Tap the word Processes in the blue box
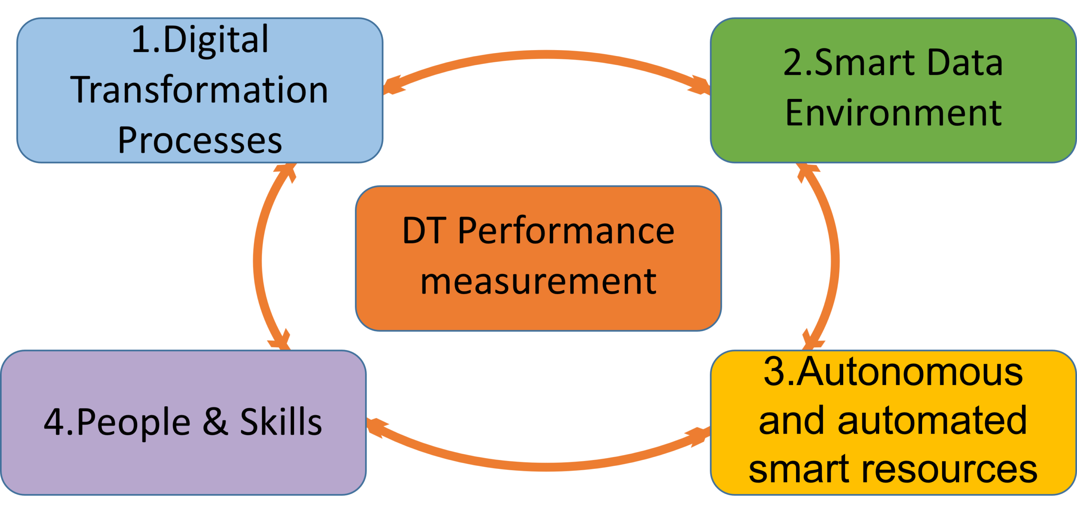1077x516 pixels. coord(200,140)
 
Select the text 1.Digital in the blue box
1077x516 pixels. coord(200,40)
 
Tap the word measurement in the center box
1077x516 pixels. coord(538,281)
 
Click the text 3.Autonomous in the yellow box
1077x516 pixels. coord(893,372)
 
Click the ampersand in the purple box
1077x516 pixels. coord(215,421)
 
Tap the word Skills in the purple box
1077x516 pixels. coord(281,421)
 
